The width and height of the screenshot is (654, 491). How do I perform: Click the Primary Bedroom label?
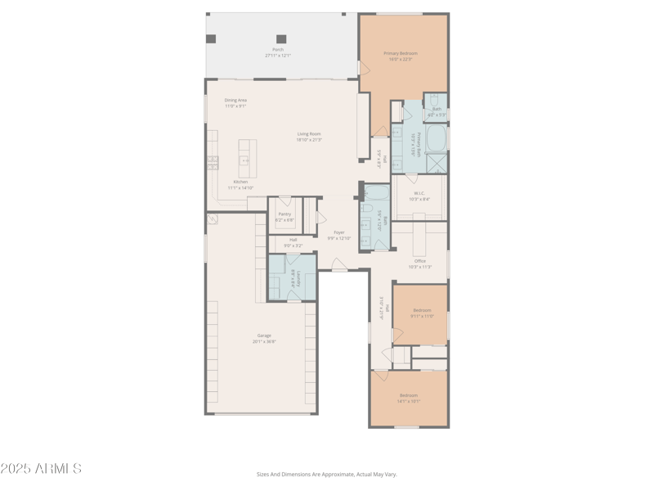(401, 54)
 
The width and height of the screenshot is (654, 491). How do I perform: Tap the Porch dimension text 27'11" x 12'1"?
(278, 56)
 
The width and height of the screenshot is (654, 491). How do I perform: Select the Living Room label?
(309, 134)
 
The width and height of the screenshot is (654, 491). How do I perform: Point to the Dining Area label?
(235, 101)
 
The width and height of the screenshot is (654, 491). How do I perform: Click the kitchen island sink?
(244, 161)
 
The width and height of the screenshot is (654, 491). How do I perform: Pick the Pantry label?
(284, 214)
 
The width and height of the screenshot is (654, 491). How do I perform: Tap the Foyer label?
(339, 232)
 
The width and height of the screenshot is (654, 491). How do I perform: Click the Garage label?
(264, 336)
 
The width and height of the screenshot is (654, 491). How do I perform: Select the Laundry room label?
(298, 279)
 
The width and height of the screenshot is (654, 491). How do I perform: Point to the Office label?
(419, 261)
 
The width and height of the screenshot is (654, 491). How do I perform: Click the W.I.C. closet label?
(419, 194)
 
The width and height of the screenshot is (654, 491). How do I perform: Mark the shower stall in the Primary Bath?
(437, 163)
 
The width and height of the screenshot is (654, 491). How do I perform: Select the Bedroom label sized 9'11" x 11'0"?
(422, 310)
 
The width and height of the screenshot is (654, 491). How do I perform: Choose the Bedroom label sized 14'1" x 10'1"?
(408, 395)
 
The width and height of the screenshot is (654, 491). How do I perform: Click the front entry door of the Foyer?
(339, 268)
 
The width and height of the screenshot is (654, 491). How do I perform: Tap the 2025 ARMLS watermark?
(41, 469)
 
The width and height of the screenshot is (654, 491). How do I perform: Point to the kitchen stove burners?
(213, 162)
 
